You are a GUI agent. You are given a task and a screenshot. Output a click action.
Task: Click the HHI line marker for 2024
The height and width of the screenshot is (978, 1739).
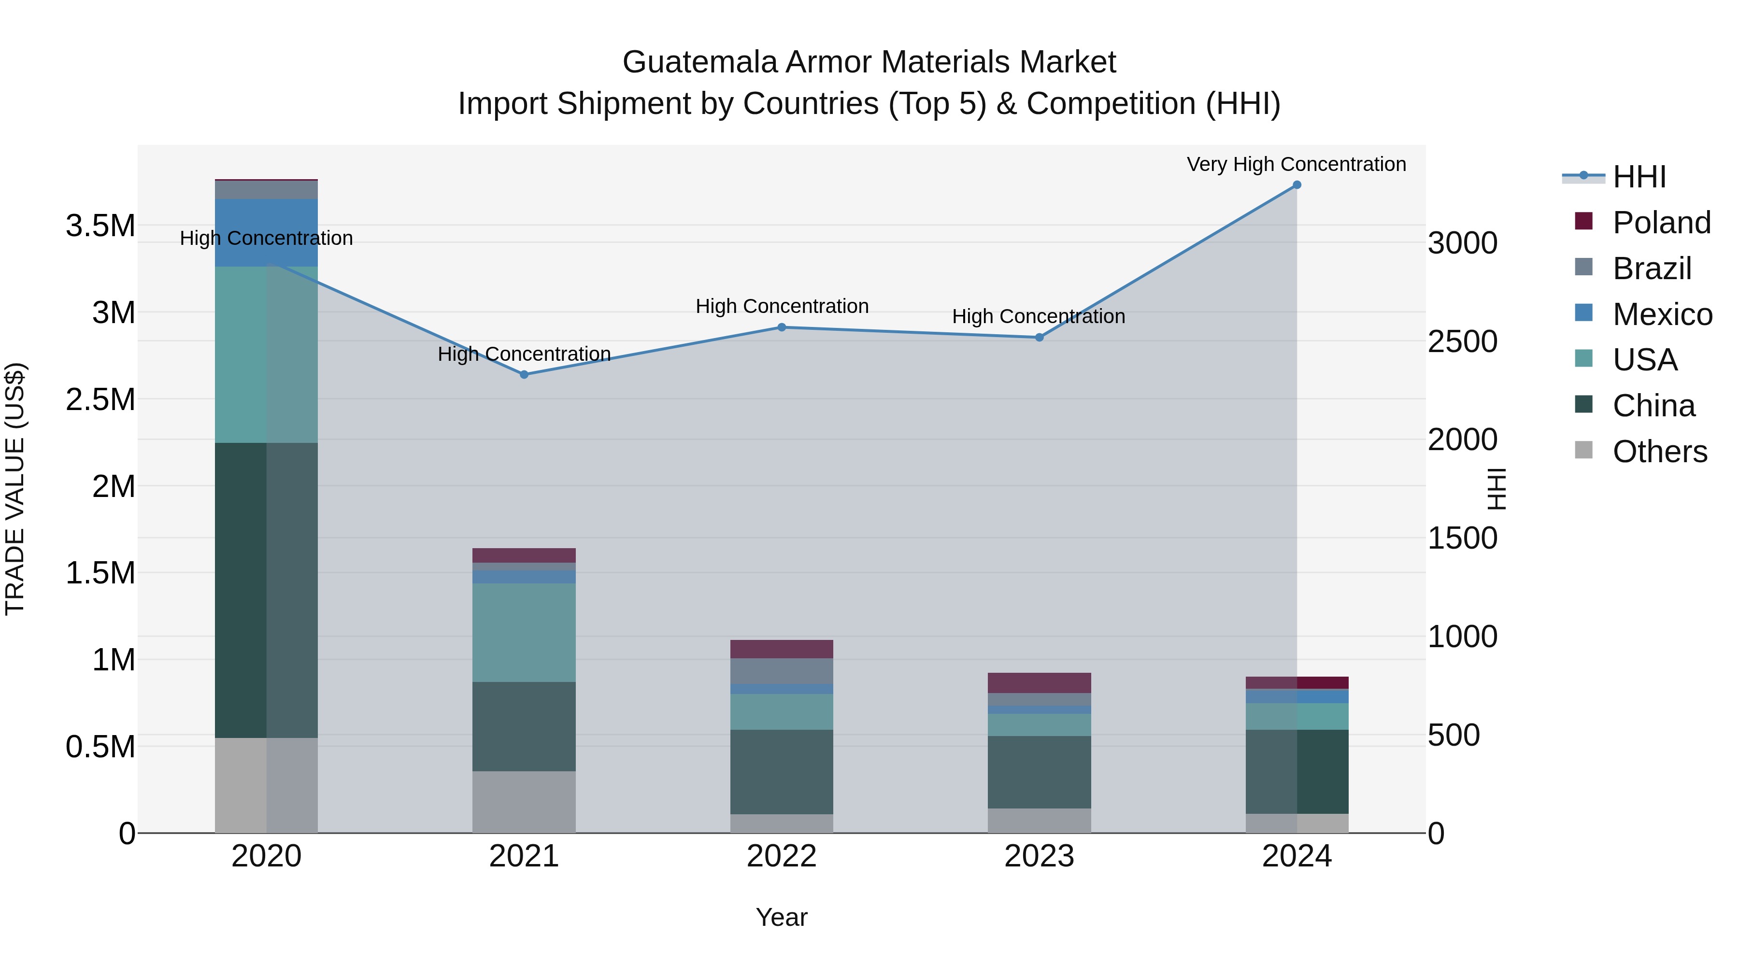pyautogui.click(x=1297, y=185)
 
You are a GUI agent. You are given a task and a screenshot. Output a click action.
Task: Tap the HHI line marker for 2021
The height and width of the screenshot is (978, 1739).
pyautogui.click(x=524, y=375)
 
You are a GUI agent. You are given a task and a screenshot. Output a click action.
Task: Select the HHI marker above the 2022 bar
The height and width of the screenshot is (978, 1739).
pyautogui.click(x=782, y=327)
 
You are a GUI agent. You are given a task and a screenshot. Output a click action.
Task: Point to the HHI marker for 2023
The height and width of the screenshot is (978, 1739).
pyautogui.click(x=1040, y=338)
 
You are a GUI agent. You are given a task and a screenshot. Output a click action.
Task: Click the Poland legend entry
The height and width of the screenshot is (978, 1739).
pyautogui.click(x=1661, y=222)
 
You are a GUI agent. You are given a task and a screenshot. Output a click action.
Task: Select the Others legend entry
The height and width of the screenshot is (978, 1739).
pyautogui.click(x=1659, y=452)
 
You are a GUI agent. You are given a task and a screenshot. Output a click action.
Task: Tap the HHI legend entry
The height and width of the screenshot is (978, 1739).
pyautogui.click(x=1639, y=177)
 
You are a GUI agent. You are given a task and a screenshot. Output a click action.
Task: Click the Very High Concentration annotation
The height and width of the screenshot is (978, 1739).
pyautogui.click(x=1296, y=164)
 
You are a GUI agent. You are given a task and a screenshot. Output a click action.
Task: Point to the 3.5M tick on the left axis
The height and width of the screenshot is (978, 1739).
pyautogui.click(x=100, y=226)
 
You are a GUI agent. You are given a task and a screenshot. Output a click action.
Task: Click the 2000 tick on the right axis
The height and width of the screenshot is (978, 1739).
pyautogui.click(x=1462, y=439)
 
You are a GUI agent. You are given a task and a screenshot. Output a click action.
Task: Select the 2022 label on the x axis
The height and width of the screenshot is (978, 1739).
pyautogui.click(x=782, y=856)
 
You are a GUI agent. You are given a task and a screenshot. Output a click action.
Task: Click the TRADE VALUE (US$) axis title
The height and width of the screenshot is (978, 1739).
pyautogui.click(x=15, y=489)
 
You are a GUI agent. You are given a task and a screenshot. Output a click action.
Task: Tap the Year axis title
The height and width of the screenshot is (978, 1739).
pyautogui.click(x=781, y=917)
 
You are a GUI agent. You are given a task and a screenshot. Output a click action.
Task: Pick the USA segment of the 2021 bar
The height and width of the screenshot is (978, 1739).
pyautogui.click(x=524, y=632)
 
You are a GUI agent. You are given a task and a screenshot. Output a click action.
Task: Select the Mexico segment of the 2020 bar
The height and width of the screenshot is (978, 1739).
pyautogui.click(x=266, y=232)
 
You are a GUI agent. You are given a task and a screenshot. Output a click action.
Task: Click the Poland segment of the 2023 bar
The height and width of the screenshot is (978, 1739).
pyautogui.click(x=1039, y=682)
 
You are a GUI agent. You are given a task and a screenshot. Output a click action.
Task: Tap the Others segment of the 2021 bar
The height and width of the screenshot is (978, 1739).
pyautogui.click(x=524, y=802)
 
